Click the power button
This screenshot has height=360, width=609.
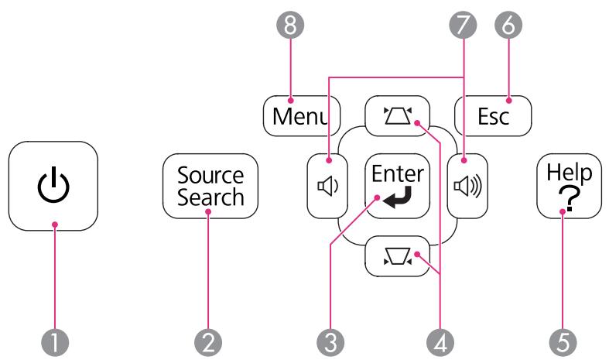[53, 186]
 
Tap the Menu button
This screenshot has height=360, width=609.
[302, 116]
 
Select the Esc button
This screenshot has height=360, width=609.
[493, 116]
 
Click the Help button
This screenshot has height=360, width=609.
[569, 186]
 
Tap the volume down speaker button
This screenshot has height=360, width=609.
[327, 186]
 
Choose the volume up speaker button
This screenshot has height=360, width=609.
[467, 186]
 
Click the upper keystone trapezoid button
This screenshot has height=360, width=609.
[397, 116]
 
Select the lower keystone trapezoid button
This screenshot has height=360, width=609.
[397, 256]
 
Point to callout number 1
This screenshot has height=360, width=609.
[55, 343]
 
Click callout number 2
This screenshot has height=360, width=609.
[208, 343]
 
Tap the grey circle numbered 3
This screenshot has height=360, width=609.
[330, 343]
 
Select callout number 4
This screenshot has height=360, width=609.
[440, 343]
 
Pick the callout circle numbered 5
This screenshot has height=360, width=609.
[563, 343]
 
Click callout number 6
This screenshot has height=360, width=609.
[508, 25]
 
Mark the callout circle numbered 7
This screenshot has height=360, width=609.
[463, 25]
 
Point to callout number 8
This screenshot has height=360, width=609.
[290, 25]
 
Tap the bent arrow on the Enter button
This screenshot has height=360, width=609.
[397, 197]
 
